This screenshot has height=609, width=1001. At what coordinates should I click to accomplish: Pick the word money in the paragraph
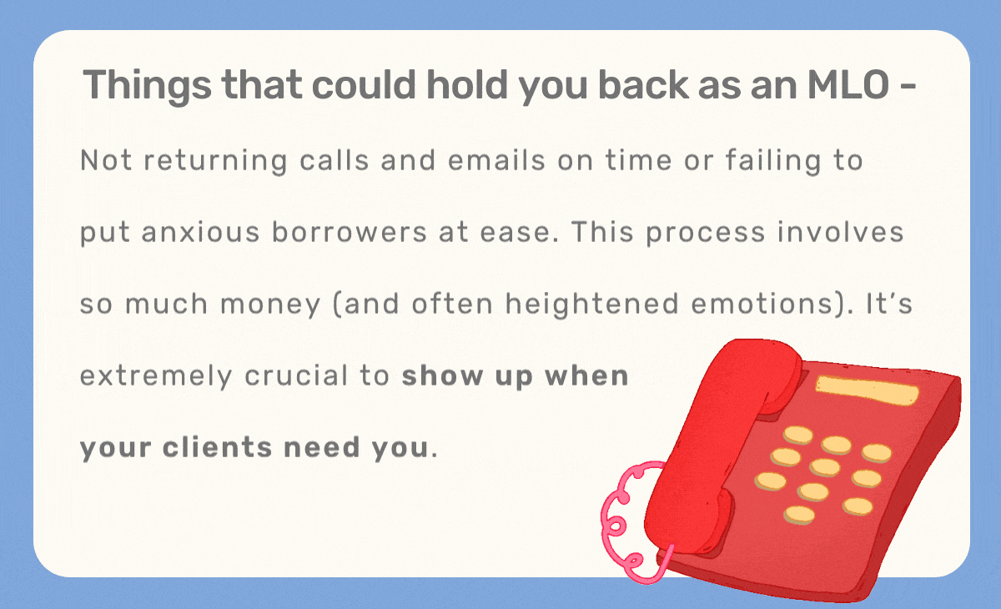[x=265, y=304]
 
